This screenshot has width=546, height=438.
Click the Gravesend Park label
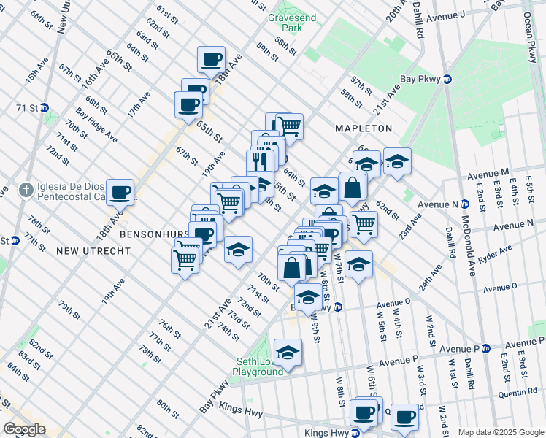click(285, 22)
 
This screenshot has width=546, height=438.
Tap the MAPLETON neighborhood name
click(364, 128)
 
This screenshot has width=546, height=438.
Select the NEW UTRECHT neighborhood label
click(93, 250)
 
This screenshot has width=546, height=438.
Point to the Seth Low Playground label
click(258, 366)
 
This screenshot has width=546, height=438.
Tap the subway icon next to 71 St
click(45, 107)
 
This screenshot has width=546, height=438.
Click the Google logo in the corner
click(23, 429)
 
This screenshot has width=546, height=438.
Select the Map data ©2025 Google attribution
click(501, 432)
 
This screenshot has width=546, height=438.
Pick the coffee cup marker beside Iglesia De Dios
click(120, 193)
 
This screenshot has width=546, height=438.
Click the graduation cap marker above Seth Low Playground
click(288, 353)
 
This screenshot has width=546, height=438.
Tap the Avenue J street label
click(445, 15)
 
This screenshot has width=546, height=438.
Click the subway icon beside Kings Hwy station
click(355, 433)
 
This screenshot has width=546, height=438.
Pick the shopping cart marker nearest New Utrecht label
click(185, 260)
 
